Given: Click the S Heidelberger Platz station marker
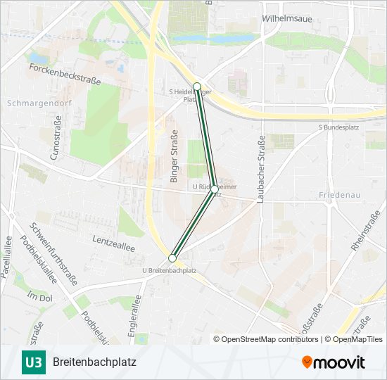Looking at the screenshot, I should point(197,87).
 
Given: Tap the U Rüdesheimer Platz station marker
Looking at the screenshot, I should point(215,189).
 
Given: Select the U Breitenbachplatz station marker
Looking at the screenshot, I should point(172,258).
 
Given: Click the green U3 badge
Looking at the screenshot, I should point(32,362).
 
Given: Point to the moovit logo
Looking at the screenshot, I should point(334,362).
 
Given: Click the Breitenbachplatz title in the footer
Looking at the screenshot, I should point(94,362).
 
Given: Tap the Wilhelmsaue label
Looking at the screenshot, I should point(286,18).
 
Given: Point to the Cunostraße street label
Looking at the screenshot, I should point(54,141).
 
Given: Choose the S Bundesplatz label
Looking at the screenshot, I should point(339,127).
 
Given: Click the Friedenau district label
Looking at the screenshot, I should point(340,194).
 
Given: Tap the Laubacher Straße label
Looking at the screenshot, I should point(260,169).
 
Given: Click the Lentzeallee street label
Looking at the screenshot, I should point(113,240).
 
